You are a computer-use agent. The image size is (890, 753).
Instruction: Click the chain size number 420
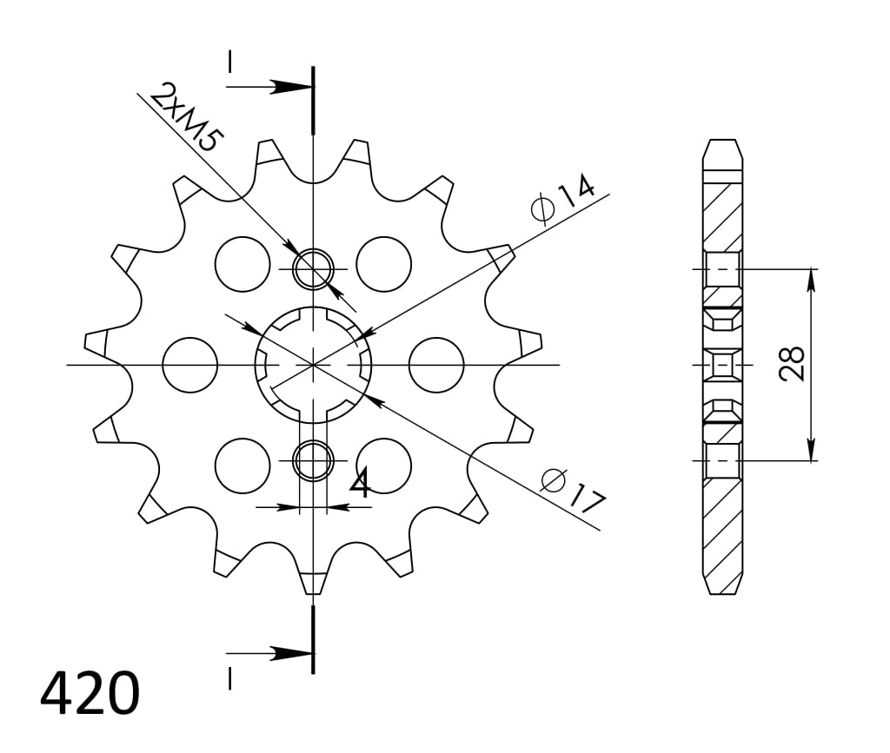click(x=90, y=692)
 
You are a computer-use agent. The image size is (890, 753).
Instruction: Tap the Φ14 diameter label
click(x=562, y=199)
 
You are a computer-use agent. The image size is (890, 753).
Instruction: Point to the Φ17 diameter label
click(x=571, y=490)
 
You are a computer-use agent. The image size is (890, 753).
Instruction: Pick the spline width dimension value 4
click(x=359, y=484)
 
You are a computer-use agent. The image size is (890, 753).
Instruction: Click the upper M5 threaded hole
click(x=313, y=268)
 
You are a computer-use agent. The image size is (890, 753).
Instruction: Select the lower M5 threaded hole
click(x=313, y=460)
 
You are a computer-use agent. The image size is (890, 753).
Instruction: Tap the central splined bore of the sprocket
click(x=313, y=364)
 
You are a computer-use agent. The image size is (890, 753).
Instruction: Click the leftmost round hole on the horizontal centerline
click(x=190, y=364)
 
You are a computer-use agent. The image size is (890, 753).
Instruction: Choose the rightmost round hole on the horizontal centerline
click(x=435, y=364)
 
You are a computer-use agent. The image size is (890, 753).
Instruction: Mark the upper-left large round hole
click(x=242, y=263)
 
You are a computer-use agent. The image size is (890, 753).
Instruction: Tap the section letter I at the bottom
click(x=229, y=678)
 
